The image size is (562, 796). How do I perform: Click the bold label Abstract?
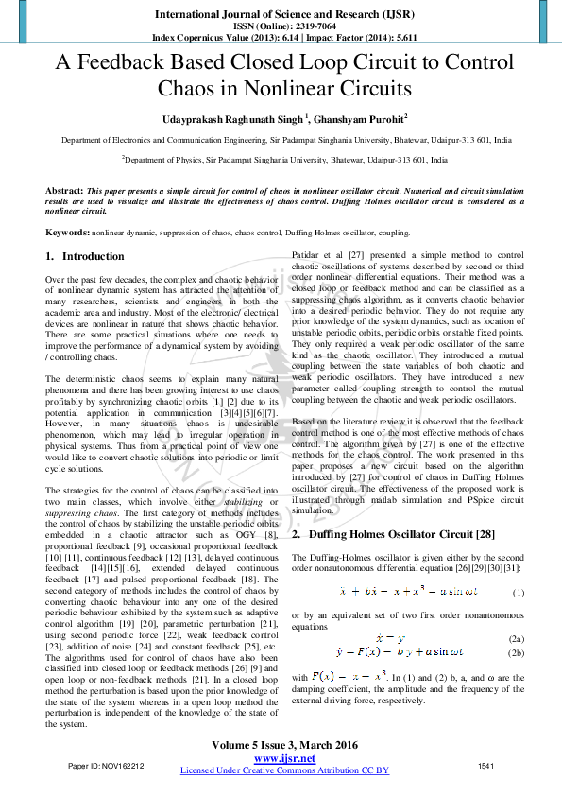click(x=64, y=191)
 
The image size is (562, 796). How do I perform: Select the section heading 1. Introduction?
click(x=85, y=256)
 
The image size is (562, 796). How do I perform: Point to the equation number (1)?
click(x=517, y=592)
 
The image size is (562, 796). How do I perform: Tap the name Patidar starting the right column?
click(x=306, y=256)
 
